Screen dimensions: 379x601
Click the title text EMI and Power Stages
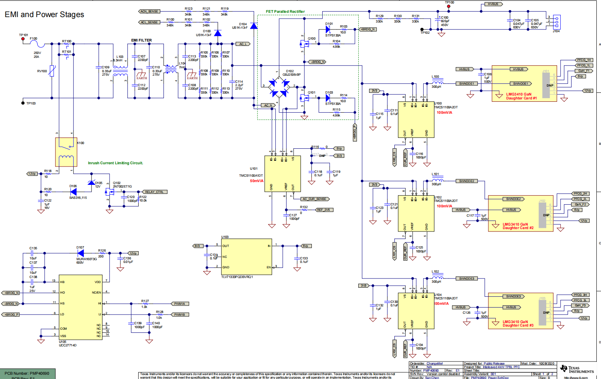pyautogui.click(x=44, y=15)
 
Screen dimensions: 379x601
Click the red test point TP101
pyautogui.click(x=23, y=39)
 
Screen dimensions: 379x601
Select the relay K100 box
pyautogui.click(x=66, y=152)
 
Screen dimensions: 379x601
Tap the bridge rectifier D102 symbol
pyautogui.click(x=280, y=88)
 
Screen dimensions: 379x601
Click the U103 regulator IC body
pyautogui.click(x=246, y=257)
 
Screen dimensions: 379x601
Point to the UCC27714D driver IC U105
pyautogui.click(x=80, y=308)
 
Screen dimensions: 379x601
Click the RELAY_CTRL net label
pyautogui.click(x=154, y=192)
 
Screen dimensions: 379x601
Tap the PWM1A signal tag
pyautogui.click(x=179, y=304)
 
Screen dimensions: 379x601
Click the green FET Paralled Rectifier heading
pyautogui.click(x=285, y=12)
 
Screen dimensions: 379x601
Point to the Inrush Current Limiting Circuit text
pyautogui.click(x=115, y=163)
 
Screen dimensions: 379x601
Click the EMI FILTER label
pyautogui.click(x=141, y=40)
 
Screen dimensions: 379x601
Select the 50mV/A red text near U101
pyautogui.click(x=257, y=181)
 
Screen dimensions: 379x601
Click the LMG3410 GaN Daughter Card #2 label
pyautogui.click(x=518, y=226)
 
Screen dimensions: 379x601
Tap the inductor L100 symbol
pyautogui.click(x=438, y=83)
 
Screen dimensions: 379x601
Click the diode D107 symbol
pyautogui.click(x=81, y=253)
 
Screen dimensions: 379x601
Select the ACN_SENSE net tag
pyautogui.click(x=149, y=11)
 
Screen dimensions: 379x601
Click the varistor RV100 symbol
pyautogui.click(x=52, y=71)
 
